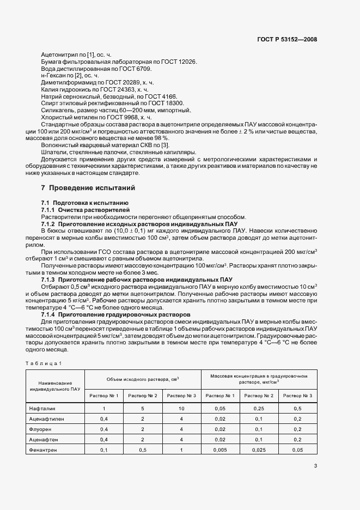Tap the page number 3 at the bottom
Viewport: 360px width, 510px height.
(x=315, y=466)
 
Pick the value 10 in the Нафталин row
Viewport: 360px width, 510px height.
(x=181, y=408)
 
